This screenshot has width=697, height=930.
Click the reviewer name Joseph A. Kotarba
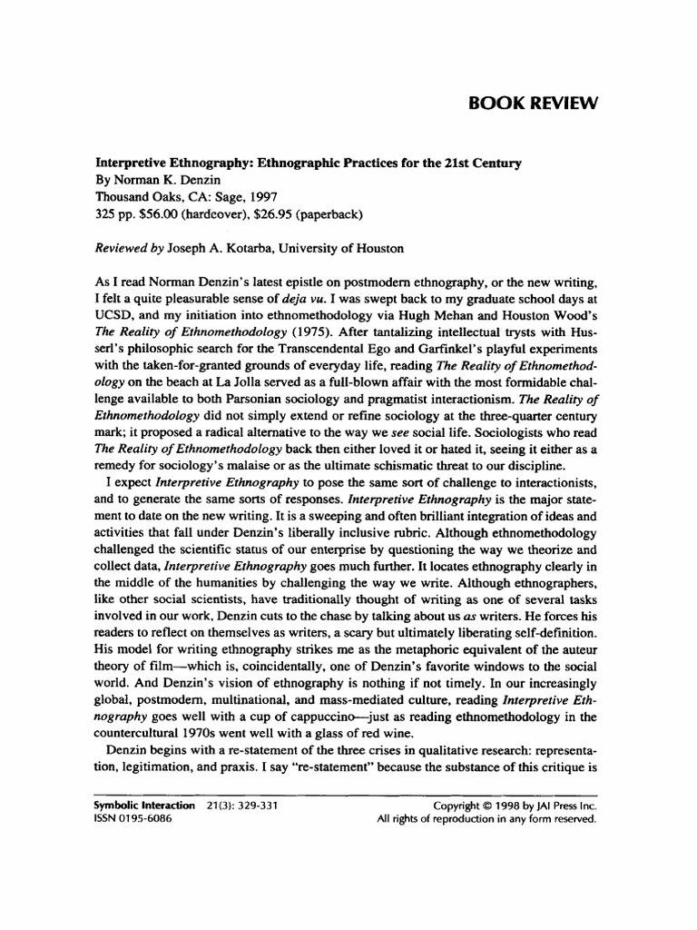tap(208, 248)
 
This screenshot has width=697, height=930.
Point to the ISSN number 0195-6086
tap(148, 818)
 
